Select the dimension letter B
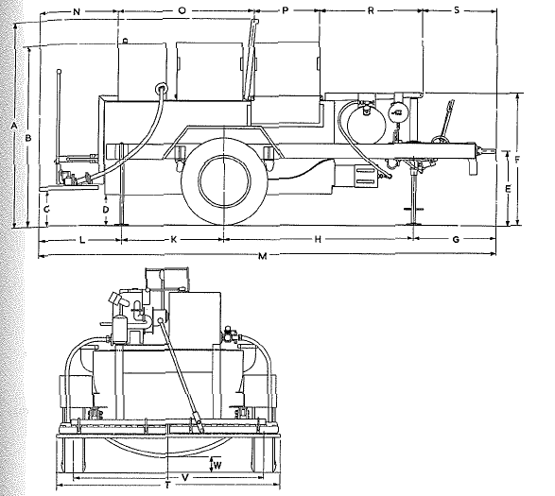coord(28,138)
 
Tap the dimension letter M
coord(261,258)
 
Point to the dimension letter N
coord(77,10)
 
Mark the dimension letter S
coord(456,10)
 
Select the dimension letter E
coord(508,189)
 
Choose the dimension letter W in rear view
coord(217,464)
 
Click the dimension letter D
coord(106,209)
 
